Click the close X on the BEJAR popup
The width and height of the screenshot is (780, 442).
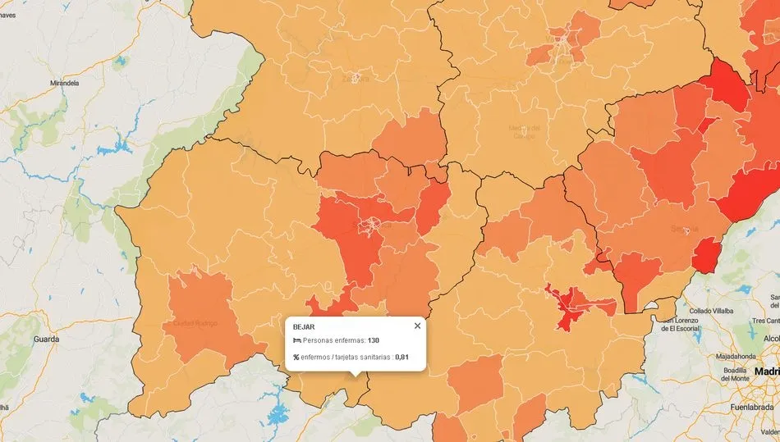[417, 326]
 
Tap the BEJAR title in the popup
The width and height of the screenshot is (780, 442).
[304, 326]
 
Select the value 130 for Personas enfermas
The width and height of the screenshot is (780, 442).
[374, 340]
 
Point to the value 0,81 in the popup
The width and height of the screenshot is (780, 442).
[401, 357]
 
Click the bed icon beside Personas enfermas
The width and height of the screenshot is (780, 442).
[296, 340]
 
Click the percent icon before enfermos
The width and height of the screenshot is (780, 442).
[296, 357]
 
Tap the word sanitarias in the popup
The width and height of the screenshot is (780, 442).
[370, 357]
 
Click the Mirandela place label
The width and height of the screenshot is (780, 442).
[66, 84]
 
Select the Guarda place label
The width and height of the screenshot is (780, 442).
[46, 338]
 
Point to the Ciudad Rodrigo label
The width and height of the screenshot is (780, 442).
[195, 323]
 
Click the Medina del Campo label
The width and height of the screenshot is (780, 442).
[525, 131]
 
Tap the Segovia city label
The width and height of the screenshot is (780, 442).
[684, 228]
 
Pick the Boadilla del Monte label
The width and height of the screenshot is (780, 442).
[735, 375]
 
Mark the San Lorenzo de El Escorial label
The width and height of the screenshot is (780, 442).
[687, 324]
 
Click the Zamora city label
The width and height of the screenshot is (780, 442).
[356, 79]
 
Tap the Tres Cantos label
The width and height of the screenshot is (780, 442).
[765, 321]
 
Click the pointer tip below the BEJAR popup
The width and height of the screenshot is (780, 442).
[355, 375]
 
